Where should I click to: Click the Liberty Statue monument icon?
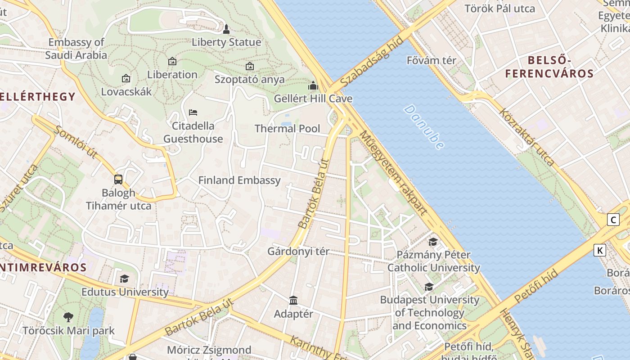point(226,29)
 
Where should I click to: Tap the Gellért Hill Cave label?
point(313,99)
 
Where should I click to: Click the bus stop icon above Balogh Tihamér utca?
point(118,180)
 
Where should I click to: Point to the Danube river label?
point(424,127)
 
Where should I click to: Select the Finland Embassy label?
point(239,180)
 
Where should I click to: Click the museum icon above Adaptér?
point(293,300)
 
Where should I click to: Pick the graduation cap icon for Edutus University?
point(125,279)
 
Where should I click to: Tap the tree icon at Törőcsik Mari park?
point(68,317)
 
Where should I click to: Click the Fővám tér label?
point(431,60)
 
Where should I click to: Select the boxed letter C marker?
point(613,220)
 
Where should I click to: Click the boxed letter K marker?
point(600,250)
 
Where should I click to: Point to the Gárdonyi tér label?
point(298,252)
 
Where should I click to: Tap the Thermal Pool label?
point(288,129)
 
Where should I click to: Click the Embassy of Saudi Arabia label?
point(76,49)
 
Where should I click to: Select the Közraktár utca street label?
point(526,137)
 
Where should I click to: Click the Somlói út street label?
point(76,142)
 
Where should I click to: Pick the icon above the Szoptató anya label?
point(250,66)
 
